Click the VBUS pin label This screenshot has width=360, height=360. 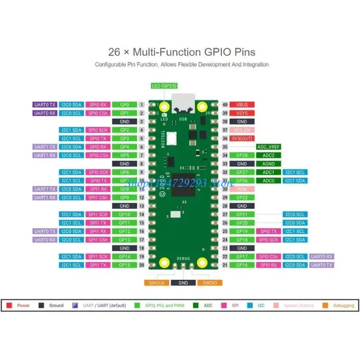(242, 104)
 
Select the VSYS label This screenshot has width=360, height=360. (242, 113)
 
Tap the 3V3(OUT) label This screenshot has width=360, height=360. (242, 138)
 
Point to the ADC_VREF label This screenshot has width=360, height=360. (269, 147)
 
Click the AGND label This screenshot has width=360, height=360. (269, 164)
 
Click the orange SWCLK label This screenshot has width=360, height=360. (156, 283)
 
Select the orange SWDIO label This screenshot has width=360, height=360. (210, 283)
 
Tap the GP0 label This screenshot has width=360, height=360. (125, 104)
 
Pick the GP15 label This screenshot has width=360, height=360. (125, 265)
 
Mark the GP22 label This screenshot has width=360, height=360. (242, 198)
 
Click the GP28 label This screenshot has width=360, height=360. (242, 155)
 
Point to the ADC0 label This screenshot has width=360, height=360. (269, 180)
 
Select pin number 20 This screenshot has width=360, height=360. (141, 265)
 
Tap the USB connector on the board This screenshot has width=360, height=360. (183, 104)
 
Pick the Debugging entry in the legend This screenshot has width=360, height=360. (342, 306)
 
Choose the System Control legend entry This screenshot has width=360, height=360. (299, 306)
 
